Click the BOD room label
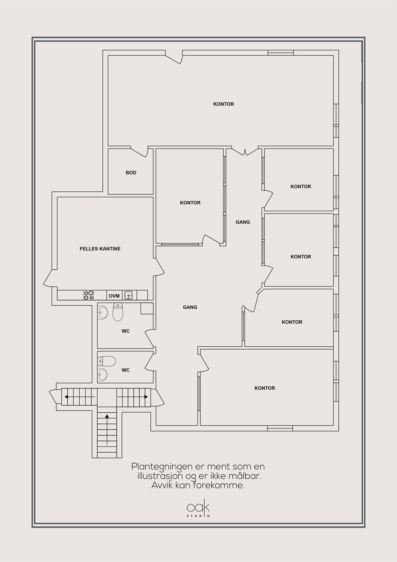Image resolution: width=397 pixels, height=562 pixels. [x=131, y=172]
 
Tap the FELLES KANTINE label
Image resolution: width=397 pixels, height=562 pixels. [x=100, y=249]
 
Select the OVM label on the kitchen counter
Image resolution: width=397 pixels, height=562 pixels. [x=114, y=296]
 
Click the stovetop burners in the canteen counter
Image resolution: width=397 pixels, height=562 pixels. [x=88, y=295]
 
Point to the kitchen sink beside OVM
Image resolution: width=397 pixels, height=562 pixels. [x=128, y=295]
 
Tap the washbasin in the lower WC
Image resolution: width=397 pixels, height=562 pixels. [x=102, y=374]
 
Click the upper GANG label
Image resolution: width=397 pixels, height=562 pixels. [x=243, y=222]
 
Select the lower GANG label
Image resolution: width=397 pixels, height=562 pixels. [x=190, y=307]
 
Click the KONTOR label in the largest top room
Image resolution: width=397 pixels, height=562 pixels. [x=224, y=104]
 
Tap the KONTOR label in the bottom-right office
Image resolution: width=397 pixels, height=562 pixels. [x=265, y=388]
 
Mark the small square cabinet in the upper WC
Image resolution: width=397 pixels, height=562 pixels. [x=147, y=308]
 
